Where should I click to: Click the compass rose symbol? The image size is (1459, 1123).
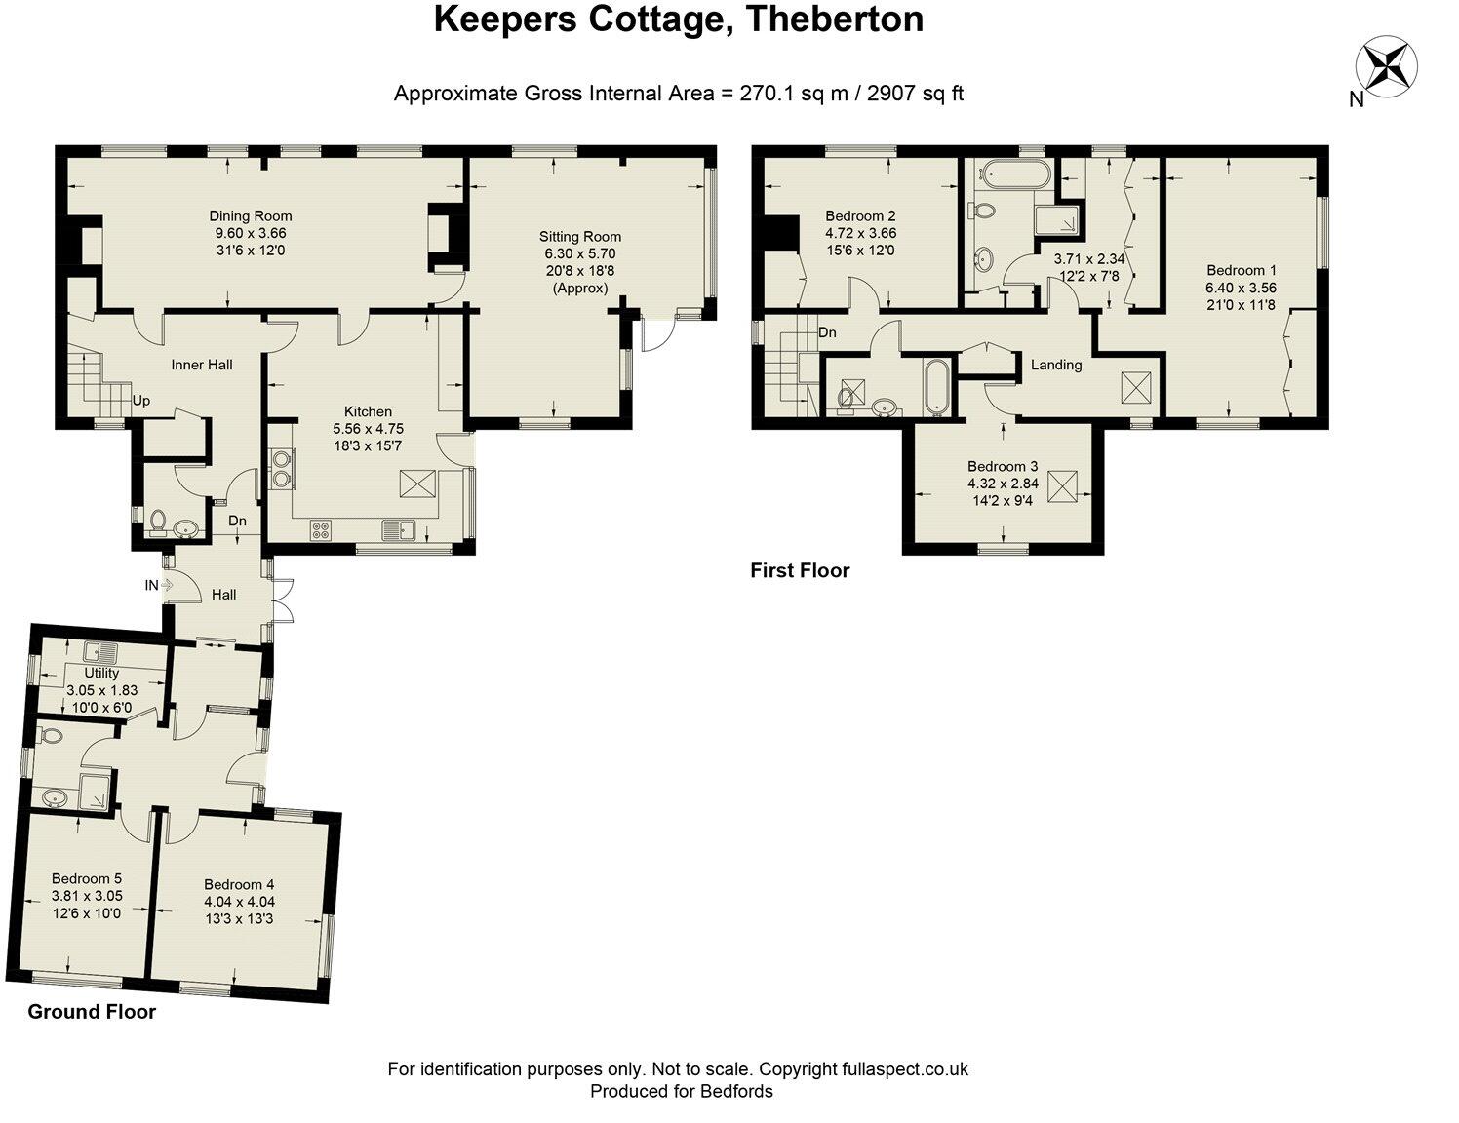click(1386, 67)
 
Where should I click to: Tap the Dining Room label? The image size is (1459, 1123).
click(251, 216)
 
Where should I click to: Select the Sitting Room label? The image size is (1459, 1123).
click(580, 236)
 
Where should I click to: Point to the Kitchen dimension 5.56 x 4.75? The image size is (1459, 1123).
click(368, 429)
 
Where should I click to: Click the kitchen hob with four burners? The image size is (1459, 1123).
click(321, 530)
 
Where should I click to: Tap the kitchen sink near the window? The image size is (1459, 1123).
click(400, 530)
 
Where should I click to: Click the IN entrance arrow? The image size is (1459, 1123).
click(160, 585)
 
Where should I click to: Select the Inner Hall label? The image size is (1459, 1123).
click(202, 365)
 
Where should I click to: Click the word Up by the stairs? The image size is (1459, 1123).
click(141, 401)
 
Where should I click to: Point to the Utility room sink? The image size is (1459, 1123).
click(101, 652)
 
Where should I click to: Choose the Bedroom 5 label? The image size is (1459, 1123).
click(87, 879)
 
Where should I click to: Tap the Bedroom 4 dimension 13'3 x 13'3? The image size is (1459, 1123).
click(239, 919)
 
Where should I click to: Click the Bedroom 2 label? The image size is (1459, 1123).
click(860, 216)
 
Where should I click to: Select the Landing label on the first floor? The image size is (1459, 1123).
click(1056, 365)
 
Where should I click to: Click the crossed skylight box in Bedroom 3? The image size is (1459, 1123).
click(1062, 485)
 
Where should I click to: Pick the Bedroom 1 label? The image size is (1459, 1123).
click(1241, 270)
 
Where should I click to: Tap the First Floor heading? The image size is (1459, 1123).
click(800, 571)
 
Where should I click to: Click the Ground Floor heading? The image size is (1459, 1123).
click(92, 1012)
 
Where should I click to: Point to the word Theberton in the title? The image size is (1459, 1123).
click(835, 19)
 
